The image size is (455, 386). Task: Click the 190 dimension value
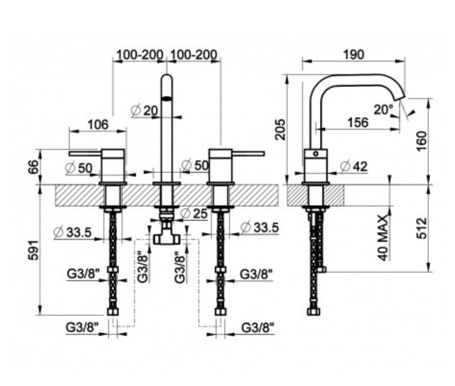click(353, 54)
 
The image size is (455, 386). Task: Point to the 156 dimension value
click(357, 122)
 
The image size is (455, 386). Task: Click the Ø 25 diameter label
click(194, 213)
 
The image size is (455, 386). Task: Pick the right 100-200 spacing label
click(195, 54)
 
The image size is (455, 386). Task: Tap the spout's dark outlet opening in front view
click(166, 98)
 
